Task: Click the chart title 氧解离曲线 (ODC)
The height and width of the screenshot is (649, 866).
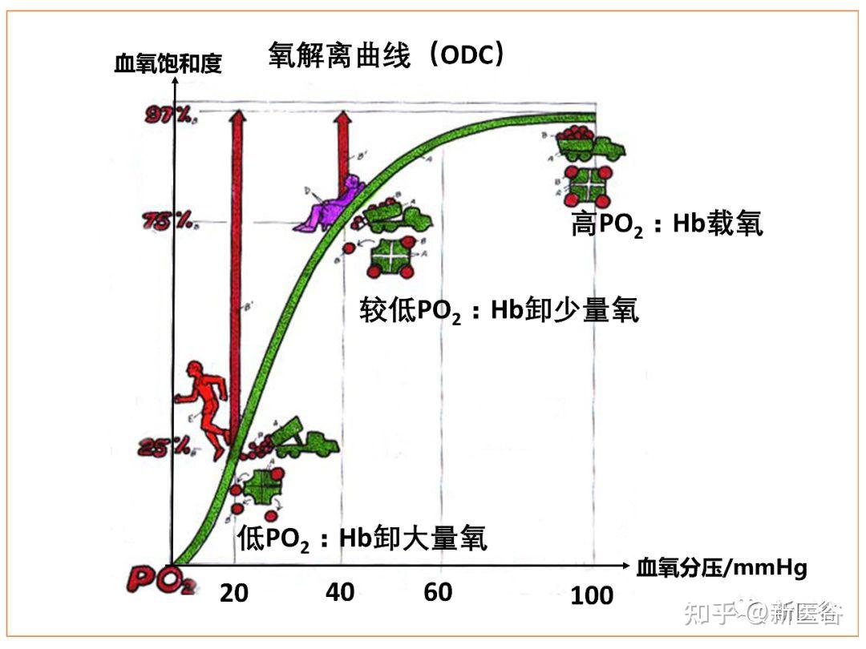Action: [386, 55]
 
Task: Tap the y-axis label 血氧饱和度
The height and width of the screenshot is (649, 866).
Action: [168, 64]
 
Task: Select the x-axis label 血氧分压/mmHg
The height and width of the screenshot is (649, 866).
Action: [721, 568]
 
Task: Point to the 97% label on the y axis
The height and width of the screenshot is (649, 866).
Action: [168, 116]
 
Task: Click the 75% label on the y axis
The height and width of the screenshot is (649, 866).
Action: [167, 221]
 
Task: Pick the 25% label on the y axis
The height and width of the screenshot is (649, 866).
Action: [164, 446]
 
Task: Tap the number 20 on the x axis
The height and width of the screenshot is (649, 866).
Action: [234, 594]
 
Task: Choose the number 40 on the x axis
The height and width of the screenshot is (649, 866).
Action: [340, 592]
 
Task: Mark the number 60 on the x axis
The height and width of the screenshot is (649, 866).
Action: [438, 592]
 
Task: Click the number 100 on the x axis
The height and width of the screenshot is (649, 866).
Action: [592, 595]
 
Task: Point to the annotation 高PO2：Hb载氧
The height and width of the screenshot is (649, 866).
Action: [666, 225]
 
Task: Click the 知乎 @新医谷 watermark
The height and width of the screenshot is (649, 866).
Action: [761, 613]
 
